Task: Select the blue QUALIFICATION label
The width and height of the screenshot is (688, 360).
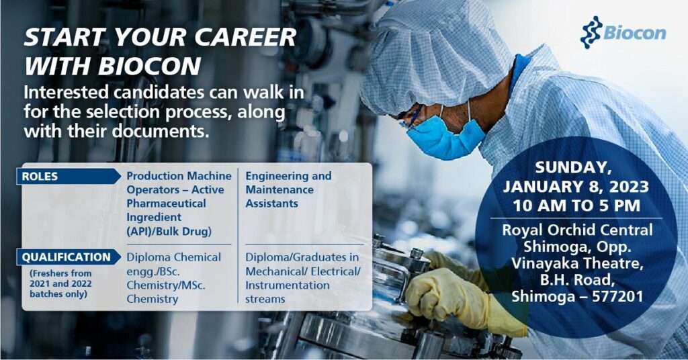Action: click(66, 257)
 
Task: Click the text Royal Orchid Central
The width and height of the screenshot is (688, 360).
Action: click(576, 230)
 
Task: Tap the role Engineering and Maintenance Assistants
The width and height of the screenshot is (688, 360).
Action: click(288, 189)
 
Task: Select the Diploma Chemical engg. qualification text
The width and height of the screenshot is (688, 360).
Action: click(173, 264)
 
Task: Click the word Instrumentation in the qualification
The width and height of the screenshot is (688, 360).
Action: click(288, 285)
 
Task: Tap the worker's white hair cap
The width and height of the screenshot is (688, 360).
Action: click(430, 54)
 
